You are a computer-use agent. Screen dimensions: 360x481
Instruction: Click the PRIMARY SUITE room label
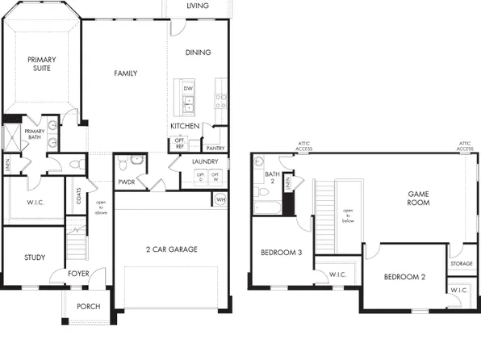click(41, 64)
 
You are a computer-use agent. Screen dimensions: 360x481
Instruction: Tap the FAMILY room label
click(125, 73)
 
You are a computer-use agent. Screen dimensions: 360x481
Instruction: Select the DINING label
click(198, 52)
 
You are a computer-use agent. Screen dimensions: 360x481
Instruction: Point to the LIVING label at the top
click(198, 6)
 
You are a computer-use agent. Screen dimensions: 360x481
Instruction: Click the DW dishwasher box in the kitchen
click(188, 88)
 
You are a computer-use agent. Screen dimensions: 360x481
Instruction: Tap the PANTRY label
click(215, 148)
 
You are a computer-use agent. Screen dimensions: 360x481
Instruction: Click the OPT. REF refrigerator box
click(180, 144)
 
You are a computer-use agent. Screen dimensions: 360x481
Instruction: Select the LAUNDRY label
click(205, 161)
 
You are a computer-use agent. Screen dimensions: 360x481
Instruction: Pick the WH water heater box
click(220, 199)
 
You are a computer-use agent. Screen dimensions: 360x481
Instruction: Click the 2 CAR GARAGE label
click(171, 249)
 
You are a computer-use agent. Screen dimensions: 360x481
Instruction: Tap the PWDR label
click(126, 182)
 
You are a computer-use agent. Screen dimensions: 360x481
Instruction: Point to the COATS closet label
click(79, 195)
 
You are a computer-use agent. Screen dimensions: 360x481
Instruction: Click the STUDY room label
click(34, 257)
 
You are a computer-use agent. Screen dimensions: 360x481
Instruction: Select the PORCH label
click(88, 307)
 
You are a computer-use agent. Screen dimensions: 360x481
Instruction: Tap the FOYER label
click(78, 274)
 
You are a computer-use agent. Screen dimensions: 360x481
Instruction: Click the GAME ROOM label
click(418, 199)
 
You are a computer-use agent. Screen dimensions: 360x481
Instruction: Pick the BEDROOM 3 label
click(281, 253)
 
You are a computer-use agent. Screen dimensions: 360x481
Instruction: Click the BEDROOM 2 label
click(404, 277)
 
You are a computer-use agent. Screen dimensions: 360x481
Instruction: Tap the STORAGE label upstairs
click(462, 263)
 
